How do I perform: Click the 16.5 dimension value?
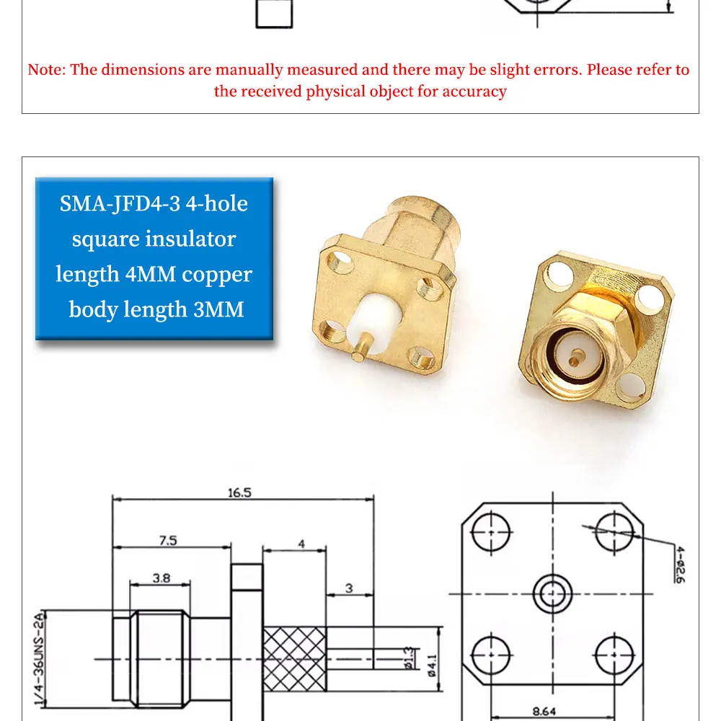239,493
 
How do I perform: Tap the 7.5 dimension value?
168,540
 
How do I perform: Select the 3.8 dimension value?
162,578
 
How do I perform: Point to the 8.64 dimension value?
544,712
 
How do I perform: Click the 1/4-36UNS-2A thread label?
40,658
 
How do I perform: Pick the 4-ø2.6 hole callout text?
680,565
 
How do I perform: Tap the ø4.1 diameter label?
432,665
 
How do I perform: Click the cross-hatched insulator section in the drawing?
294,658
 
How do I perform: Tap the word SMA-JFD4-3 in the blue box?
120,203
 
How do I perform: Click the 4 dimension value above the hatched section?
301,544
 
